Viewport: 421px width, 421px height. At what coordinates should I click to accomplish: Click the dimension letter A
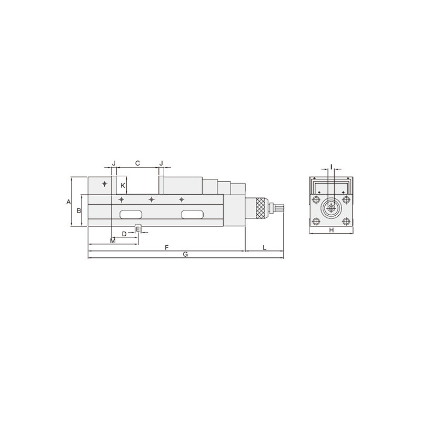[68, 202]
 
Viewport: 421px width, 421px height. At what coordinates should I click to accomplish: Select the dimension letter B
[78, 210]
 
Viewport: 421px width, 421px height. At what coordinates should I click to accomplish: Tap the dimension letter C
[137, 163]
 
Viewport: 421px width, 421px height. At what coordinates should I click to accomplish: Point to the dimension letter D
[124, 234]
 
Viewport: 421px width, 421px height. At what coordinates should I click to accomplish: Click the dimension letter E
[138, 229]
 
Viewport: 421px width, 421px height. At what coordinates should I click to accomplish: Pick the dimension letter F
[166, 247]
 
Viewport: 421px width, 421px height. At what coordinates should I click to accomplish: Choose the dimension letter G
[185, 254]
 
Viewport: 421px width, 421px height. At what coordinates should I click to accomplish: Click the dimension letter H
[332, 230]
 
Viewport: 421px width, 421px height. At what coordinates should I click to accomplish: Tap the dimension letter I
[332, 167]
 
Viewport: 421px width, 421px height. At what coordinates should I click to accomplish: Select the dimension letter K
[123, 185]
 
